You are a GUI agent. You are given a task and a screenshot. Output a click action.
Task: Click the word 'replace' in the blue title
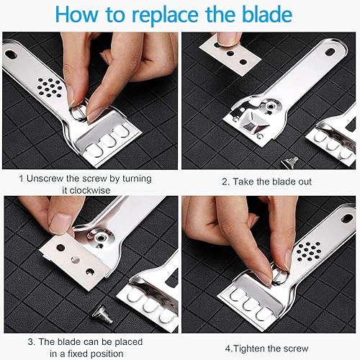166,16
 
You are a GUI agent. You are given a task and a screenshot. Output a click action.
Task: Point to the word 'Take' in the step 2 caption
243,181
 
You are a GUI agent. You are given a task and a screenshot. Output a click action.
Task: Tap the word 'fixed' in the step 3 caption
78,354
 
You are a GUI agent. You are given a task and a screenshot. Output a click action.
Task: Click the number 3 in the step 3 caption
31,342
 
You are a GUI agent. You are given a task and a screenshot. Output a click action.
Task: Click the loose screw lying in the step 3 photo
102,313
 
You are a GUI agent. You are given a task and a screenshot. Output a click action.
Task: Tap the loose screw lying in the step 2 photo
289,161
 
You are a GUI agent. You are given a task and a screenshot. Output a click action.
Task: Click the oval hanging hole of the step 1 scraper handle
11,54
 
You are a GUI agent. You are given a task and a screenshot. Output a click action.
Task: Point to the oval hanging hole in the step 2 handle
330,52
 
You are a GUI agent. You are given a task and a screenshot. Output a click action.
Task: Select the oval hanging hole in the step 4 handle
347,218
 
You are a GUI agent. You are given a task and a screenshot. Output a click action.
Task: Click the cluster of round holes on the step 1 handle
49,88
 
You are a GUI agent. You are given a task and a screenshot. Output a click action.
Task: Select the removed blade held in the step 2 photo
230,55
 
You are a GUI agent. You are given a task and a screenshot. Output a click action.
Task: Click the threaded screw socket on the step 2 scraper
271,106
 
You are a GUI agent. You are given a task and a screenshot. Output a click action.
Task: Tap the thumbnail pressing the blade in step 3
58,224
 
